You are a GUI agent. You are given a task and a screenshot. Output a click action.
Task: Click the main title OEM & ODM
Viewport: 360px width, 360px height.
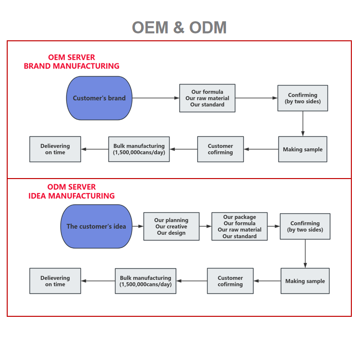[x=180, y=27]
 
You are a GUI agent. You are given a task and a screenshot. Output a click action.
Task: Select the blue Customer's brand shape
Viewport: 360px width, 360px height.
[x=99, y=98]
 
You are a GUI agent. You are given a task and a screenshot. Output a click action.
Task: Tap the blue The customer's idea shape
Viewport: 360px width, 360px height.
[x=96, y=227]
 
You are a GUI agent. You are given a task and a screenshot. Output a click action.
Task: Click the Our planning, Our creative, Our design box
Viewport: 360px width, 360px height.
[x=171, y=227]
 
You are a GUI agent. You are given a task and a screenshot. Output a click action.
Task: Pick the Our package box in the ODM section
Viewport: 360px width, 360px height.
[x=240, y=227]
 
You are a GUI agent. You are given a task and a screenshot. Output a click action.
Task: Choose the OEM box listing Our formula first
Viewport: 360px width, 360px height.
[x=207, y=98]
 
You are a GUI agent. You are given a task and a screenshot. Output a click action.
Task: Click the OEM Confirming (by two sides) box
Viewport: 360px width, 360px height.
[x=302, y=98]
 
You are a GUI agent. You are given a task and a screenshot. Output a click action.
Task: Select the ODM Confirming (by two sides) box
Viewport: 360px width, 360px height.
[x=305, y=227]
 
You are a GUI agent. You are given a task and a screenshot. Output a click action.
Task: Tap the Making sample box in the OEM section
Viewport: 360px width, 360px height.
[x=302, y=149]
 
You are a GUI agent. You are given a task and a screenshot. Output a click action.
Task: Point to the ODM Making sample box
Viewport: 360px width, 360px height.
[x=305, y=281]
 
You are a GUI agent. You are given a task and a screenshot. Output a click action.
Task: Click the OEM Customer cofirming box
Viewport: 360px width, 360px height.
[x=220, y=149]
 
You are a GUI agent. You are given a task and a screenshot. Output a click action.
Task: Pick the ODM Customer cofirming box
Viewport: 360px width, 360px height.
[x=230, y=281]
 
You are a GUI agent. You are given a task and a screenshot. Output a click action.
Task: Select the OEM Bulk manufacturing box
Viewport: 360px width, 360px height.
[x=139, y=149]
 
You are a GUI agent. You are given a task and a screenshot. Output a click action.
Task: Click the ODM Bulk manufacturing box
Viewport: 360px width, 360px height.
[x=145, y=281]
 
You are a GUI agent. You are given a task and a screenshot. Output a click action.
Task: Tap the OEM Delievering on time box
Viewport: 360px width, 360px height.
[x=55, y=149]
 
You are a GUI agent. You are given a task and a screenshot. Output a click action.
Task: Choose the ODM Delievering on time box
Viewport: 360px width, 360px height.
[x=55, y=281]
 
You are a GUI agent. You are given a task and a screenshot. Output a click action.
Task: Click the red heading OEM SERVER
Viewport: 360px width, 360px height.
[x=72, y=57]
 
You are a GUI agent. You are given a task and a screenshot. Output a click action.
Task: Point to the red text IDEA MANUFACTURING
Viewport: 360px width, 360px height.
[x=72, y=196]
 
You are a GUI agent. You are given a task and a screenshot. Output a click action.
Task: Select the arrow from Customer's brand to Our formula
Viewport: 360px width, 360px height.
[x=156, y=98]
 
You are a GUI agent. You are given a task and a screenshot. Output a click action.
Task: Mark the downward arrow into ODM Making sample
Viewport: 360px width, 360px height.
[x=305, y=254]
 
